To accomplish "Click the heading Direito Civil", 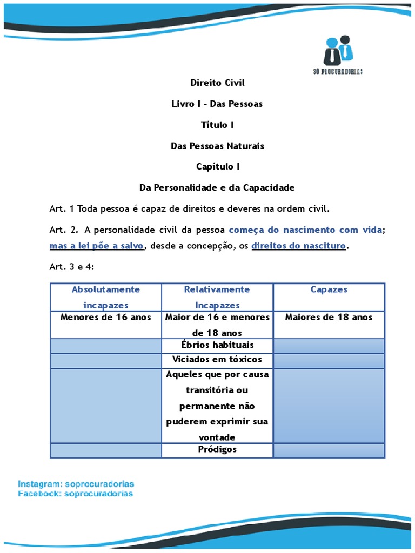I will tap(217, 83).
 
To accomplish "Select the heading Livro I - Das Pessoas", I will tap(217, 104).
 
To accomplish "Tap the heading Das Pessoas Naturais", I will tap(217, 146).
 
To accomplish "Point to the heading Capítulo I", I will tap(217, 167).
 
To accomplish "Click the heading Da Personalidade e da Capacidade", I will tap(217, 188).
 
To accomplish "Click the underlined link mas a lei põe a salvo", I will tap(97, 246).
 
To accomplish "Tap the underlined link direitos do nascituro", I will tap(299, 246).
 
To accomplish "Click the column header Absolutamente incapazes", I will tap(106, 297).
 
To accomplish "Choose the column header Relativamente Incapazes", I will tap(217, 297).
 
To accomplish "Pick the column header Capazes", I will tap(329, 289).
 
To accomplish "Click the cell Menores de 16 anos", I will tap(106, 318).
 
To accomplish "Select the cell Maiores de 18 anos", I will tap(329, 318).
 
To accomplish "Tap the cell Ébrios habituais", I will tap(217, 345).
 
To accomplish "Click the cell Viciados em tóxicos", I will tap(217, 360).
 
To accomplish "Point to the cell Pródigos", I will tap(217, 450).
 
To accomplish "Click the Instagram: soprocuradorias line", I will tap(76, 483).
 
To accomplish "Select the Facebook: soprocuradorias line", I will tap(75, 494).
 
